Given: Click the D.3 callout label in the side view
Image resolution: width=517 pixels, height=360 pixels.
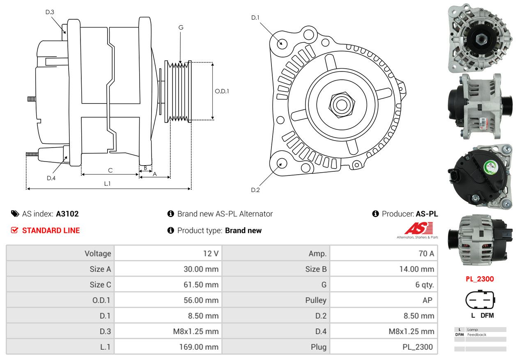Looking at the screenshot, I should click(x=50, y=12).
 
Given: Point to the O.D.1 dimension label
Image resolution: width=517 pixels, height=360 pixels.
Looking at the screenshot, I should click(x=222, y=91).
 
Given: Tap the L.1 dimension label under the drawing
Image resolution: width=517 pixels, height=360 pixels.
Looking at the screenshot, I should click(x=107, y=184).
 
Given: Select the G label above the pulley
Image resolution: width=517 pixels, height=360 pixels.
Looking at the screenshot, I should click(x=181, y=28).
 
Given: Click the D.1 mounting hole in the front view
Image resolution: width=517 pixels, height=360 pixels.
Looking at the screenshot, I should click(x=282, y=43).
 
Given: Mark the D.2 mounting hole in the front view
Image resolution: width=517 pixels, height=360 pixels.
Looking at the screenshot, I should click(x=281, y=163).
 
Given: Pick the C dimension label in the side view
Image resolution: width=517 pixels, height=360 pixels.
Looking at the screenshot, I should click(x=110, y=170).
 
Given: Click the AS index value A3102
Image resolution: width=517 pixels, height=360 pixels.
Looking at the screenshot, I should click(x=67, y=214).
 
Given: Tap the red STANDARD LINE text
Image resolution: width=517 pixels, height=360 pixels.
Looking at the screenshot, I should click(x=51, y=231).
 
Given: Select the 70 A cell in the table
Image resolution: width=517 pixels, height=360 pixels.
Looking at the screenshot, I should click(x=426, y=254).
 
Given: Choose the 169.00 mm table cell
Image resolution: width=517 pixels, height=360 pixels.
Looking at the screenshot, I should click(x=199, y=347).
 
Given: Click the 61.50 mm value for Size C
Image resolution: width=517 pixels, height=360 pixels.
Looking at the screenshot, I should click(x=201, y=285).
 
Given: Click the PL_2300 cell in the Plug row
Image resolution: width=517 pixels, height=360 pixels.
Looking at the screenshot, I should click(x=418, y=347).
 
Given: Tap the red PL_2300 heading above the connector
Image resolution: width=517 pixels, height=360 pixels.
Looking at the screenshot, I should click(x=480, y=279).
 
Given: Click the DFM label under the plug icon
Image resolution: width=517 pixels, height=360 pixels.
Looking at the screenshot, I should click(x=487, y=316).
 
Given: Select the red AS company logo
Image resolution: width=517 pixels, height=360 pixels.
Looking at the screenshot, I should click(x=418, y=228).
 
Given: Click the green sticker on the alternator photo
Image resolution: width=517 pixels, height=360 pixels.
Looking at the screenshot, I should click(x=491, y=167).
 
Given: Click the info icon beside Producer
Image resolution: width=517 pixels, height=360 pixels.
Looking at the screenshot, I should click(x=376, y=214).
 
